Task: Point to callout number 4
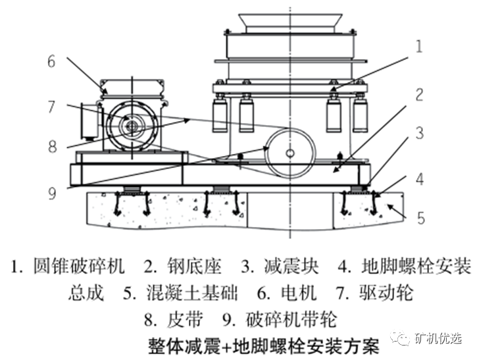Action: pyautogui.click(x=418, y=178)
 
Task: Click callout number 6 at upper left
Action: pyautogui.click(x=52, y=62)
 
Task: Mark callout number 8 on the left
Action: pyautogui.click(x=52, y=146)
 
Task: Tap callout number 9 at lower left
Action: pyautogui.click(x=52, y=193)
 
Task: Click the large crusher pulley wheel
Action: pyautogui.click(x=290, y=153)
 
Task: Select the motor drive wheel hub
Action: pyautogui.click(x=131, y=125)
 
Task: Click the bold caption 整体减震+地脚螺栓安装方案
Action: pyautogui.click(x=261, y=346)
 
